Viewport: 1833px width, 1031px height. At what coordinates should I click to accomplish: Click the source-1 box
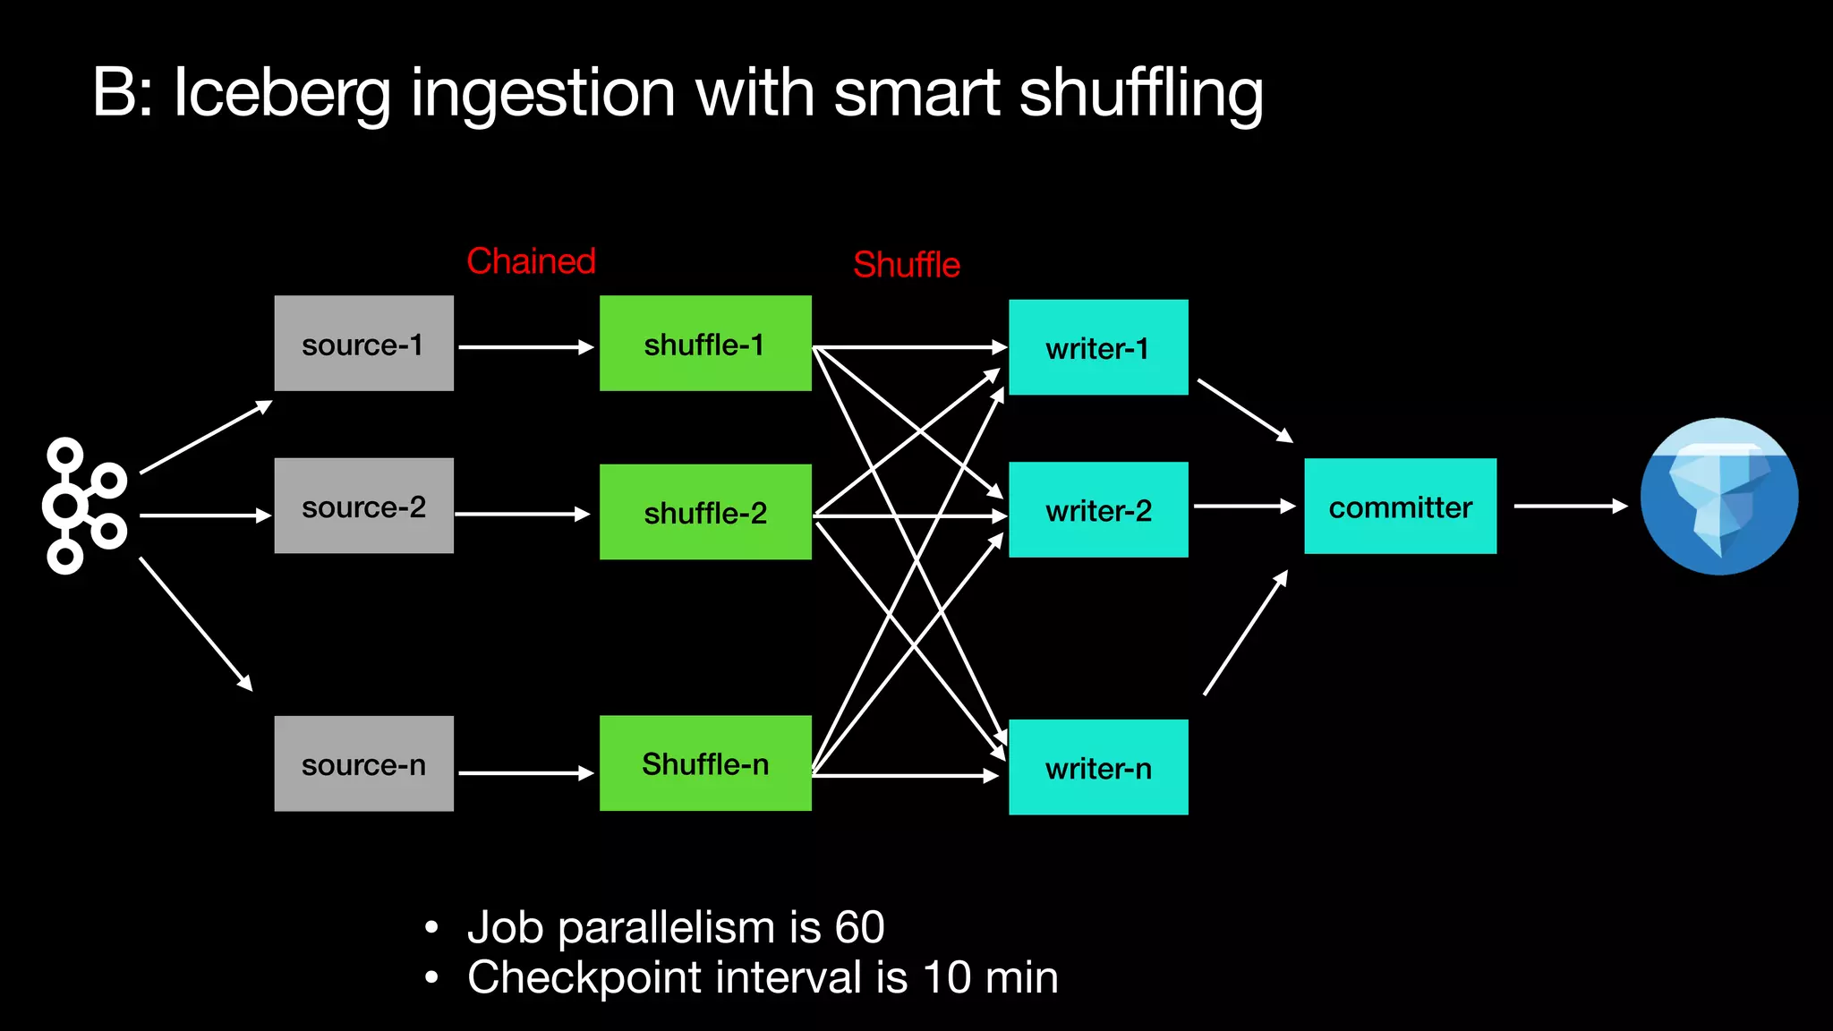(x=363, y=344)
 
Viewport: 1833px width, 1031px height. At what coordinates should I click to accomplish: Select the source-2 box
(x=363, y=506)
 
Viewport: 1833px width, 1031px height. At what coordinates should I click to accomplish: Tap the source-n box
(x=363, y=763)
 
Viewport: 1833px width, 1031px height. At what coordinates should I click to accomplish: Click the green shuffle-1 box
(x=705, y=344)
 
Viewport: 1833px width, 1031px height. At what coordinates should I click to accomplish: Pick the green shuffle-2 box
(x=705, y=512)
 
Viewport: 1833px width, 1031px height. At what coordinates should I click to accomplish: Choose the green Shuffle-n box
(x=705, y=763)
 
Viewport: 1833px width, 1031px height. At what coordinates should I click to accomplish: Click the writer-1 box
(x=1098, y=347)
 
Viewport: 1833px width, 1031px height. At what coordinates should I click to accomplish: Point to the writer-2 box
(x=1098, y=510)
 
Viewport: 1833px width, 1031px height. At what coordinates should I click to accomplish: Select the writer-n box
(x=1098, y=767)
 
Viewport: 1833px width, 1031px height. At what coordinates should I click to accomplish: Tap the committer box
(x=1400, y=507)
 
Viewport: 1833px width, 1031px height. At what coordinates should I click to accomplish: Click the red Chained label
(x=531, y=261)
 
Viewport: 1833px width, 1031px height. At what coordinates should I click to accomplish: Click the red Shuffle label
(x=906, y=265)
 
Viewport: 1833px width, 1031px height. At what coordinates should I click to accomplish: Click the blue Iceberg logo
(x=1718, y=497)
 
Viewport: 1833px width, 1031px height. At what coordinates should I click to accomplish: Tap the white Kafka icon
(x=85, y=506)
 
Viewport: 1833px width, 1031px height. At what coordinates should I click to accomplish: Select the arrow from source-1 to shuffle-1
(x=525, y=347)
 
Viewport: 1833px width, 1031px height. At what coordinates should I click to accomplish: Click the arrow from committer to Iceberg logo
(x=1570, y=507)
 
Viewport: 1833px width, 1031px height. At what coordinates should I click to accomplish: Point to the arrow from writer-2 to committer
(x=1244, y=507)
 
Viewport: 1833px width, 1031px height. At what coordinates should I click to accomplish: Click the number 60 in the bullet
(x=859, y=927)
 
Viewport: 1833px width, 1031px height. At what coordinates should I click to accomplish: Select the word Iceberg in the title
(x=283, y=94)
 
